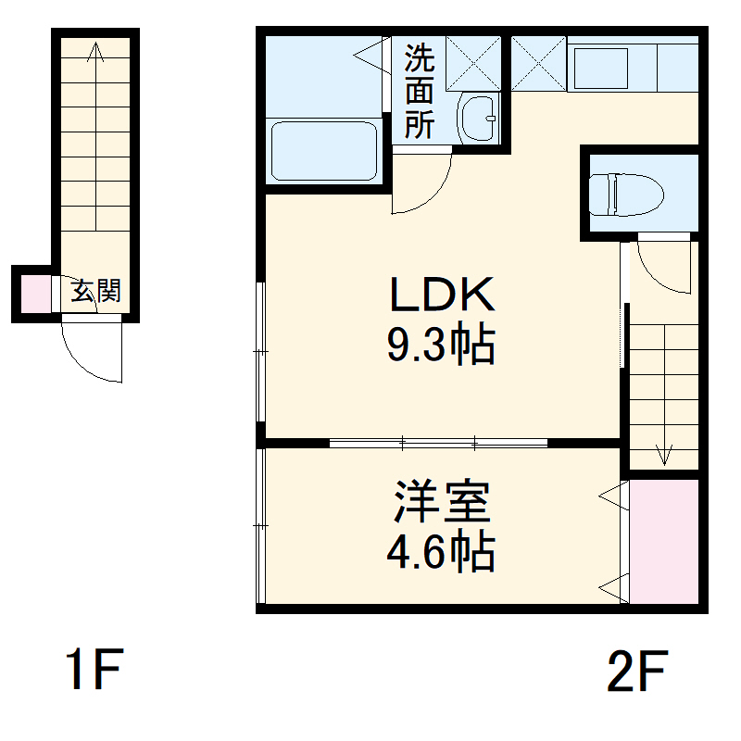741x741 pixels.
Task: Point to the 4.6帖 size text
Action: coord(441,553)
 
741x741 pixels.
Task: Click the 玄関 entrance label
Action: coord(96,292)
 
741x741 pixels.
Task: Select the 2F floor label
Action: coord(637,671)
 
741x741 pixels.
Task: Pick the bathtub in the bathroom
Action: coord(324,151)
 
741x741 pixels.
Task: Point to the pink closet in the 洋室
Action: coord(663,541)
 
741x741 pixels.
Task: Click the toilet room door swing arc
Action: coord(662,267)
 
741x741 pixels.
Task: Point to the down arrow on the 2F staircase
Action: coord(663,454)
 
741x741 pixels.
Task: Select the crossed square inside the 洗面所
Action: coord(473,64)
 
